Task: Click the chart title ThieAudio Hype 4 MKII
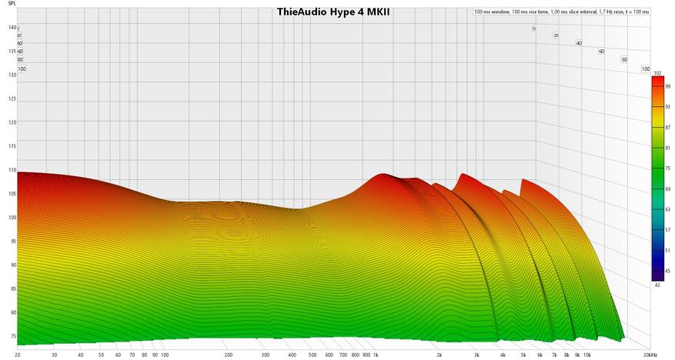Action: [x=333, y=12]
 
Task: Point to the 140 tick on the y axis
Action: [x=12, y=28]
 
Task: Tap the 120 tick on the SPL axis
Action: [x=12, y=122]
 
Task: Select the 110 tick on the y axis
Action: [x=12, y=170]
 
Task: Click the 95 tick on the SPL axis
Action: [x=12, y=242]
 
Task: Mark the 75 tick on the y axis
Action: [x=12, y=337]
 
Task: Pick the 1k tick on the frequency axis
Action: [x=376, y=355]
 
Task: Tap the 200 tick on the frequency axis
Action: [x=229, y=355]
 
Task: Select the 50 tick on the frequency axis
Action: [x=101, y=355]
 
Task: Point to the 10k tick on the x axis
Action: [x=586, y=355]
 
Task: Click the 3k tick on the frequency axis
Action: [x=476, y=355]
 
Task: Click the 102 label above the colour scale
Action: [x=657, y=73]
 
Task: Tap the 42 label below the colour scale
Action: [x=657, y=285]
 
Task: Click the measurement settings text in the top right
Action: [x=561, y=12]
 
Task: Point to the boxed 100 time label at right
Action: [x=646, y=68]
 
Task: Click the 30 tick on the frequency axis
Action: [x=54, y=355]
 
